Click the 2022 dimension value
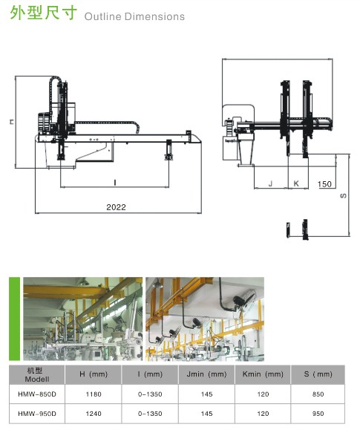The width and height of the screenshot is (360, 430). pyautogui.click(x=116, y=207)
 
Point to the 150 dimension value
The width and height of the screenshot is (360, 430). pyautogui.click(x=325, y=184)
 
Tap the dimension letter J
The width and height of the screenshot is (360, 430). pyautogui.click(x=271, y=183)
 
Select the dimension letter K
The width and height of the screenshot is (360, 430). pyautogui.click(x=296, y=183)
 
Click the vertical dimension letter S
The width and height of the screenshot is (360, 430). pyautogui.click(x=343, y=196)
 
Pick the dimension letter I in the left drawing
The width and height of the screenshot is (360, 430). pyautogui.click(x=115, y=183)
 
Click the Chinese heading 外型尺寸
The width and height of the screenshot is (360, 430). pyautogui.click(x=44, y=13)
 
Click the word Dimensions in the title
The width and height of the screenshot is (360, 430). pyautogui.click(x=155, y=16)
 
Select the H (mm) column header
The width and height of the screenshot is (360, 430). pyautogui.click(x=94, y=374)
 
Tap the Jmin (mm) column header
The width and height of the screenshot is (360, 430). pyautogui.click(x=206, y=374)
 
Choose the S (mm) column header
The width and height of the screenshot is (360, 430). pyautogui.click(x=318, y=374)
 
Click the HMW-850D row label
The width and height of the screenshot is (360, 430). pyautogui.click(x=37, y=394)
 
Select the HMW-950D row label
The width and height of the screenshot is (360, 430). pyautogui.click(x=37, y=414)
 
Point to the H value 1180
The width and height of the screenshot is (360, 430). pyautogui.click(x=94, y=394)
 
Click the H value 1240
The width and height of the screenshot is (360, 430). pyautogui.click(x=94, y=414)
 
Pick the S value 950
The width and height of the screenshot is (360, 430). pyautogui.click(x=318, y=414)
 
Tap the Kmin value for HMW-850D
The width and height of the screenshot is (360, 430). pyautogui.click(x=263, y=394)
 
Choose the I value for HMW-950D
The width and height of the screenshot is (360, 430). pyautogui.click(x=150, y=414)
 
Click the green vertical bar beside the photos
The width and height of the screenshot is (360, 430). pyautogui.click(x=15, y=319)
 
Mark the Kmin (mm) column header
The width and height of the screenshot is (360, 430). pyautogui.click(x=263, y=374)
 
